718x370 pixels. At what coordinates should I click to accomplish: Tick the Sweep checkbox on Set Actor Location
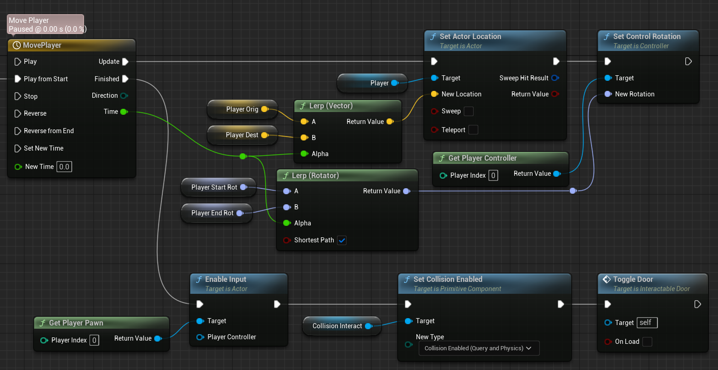tap(469, 111)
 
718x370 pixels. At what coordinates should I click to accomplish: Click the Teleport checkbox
tap(473, 130)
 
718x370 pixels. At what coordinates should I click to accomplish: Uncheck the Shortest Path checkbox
tap(342, 240)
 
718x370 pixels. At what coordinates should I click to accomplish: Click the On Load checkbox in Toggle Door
tap(647, 342)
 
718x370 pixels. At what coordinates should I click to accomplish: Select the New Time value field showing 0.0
tap(64, 167)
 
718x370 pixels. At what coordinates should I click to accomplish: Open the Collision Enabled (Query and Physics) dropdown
tap(479, 348)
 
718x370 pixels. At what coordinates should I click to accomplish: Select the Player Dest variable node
tap(242, 135)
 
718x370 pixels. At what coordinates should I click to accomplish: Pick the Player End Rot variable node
tap(217, 213)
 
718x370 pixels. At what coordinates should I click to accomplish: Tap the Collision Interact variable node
tap(342, 326)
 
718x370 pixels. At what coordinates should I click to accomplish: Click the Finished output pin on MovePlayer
tap(125, 79)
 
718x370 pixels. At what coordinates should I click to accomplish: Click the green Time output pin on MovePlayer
tap(124, 112)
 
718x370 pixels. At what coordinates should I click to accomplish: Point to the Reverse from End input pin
tap(17, 131)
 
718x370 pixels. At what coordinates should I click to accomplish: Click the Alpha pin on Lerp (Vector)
tap(304, 154)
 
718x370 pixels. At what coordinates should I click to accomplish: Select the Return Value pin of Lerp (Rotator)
tap(407, 191)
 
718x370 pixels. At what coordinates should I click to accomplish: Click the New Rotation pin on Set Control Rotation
tap(607, 94)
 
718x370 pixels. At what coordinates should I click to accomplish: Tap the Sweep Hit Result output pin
tap(555, 78)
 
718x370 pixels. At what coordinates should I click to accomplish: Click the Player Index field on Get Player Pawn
tap(94, 340)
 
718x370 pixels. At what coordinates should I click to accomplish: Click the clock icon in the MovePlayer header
tap(17, 45)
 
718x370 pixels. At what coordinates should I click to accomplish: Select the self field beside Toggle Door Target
tap(647, 323)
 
